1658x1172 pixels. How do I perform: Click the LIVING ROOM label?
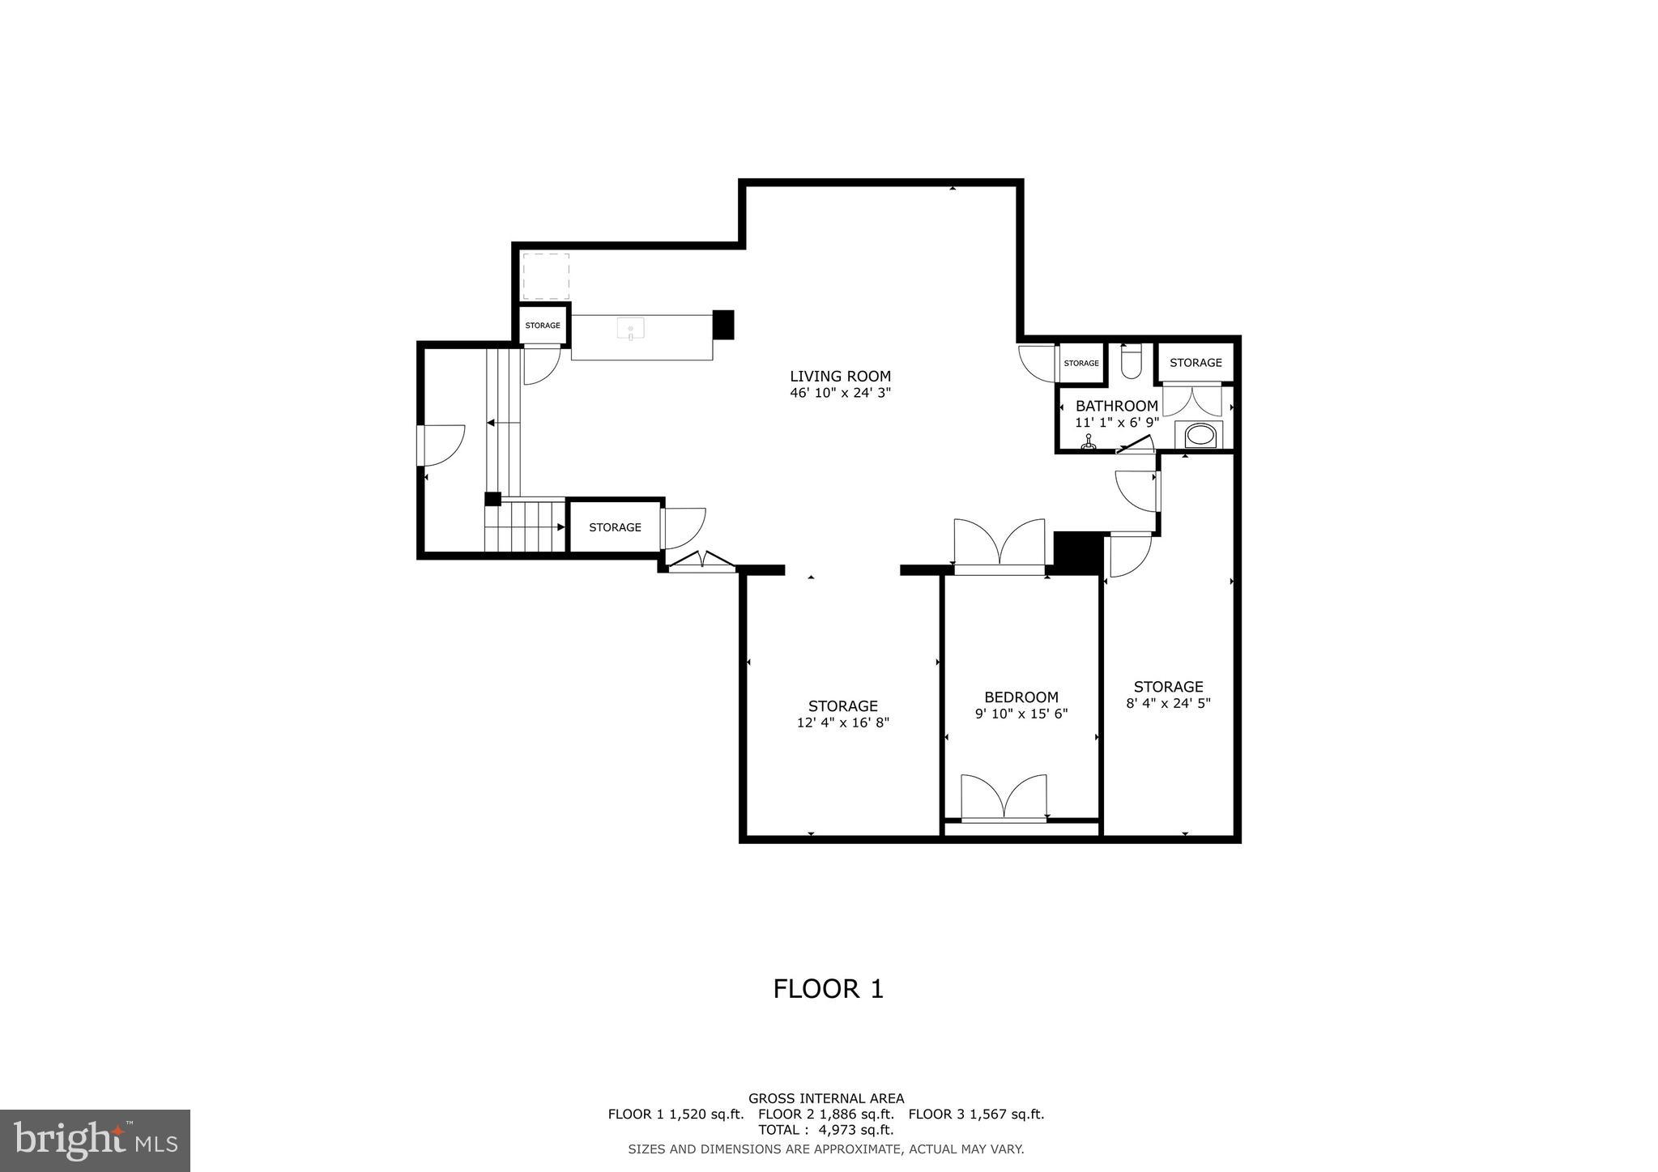(840, 376)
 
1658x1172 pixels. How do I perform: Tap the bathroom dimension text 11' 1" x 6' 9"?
(1117, 423)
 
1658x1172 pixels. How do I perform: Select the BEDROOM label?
(1021, 697)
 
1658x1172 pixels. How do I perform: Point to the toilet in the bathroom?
(1131, 362)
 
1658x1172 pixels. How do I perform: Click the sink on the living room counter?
(631, 329)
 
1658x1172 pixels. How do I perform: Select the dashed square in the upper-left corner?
(546, 276)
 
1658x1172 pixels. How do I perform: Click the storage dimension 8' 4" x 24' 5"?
(1168, 704)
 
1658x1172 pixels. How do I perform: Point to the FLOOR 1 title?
(828, 989)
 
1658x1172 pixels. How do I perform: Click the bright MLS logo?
(95, 1140)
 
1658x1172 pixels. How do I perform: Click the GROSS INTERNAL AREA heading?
(825, 1098)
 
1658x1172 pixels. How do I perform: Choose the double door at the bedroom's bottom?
(1004, 798)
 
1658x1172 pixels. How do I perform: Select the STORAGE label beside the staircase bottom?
(615, 527)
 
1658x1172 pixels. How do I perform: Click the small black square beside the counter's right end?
(722, 325)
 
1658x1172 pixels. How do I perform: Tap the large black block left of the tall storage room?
(1078, 552)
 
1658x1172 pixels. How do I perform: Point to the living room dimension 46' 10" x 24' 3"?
(840, 394)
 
